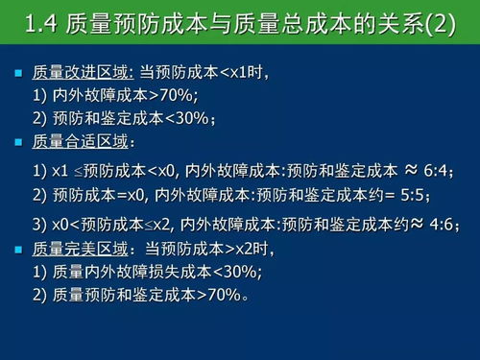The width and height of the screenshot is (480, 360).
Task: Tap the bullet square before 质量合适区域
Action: (x=18, y=143)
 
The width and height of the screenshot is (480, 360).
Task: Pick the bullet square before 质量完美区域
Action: (x=18, y=251)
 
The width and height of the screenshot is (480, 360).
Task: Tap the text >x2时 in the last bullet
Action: (x=252, y=251)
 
